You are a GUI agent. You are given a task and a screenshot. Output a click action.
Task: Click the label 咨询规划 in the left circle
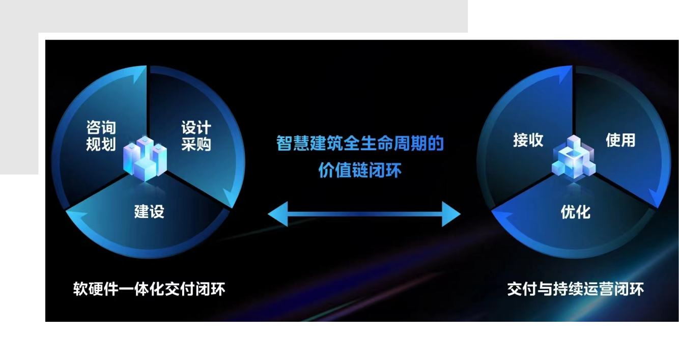[101, 135]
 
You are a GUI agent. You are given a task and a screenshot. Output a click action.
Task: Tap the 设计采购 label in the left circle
[196, 135]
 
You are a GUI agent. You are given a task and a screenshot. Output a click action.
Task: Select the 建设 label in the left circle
[149, 211]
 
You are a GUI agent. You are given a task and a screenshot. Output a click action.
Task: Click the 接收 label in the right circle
[528, 140]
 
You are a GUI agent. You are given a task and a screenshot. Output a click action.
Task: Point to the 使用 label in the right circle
[620, 140]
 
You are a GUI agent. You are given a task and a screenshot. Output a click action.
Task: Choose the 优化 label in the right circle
[575, 212]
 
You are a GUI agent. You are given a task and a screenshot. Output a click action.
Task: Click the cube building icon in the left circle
[145, 158]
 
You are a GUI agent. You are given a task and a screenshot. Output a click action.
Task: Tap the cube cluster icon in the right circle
[574, 158]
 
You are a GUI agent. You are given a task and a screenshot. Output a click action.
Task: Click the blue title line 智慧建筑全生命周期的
[360, 143]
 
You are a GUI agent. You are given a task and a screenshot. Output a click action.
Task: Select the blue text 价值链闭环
[360, 170]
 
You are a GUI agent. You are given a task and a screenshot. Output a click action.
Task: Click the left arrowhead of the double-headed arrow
[278, 214]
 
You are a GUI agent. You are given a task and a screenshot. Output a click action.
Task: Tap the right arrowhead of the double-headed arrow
[451, 214]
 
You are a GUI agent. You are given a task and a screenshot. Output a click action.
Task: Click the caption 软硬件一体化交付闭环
[149, 289]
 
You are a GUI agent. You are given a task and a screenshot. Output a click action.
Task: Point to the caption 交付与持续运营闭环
[575, 289]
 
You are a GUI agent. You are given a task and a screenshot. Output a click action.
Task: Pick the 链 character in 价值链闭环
[360, 170]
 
